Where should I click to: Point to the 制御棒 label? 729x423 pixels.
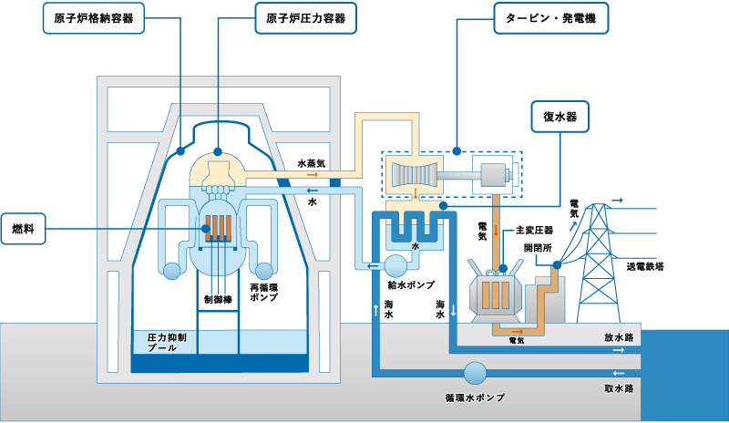[x=219, y=297]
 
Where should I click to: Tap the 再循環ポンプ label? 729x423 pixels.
[x=265, y=293]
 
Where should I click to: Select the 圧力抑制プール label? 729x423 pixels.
[x=167, y=342]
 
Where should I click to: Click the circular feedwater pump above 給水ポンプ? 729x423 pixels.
[x=396, y=264]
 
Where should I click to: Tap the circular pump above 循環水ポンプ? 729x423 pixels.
[x=476, y=373]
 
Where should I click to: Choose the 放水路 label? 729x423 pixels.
[x=619, y=336]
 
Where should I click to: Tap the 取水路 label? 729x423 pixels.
[x=619, y=387]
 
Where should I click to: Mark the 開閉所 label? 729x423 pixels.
[x=538, y=247]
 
